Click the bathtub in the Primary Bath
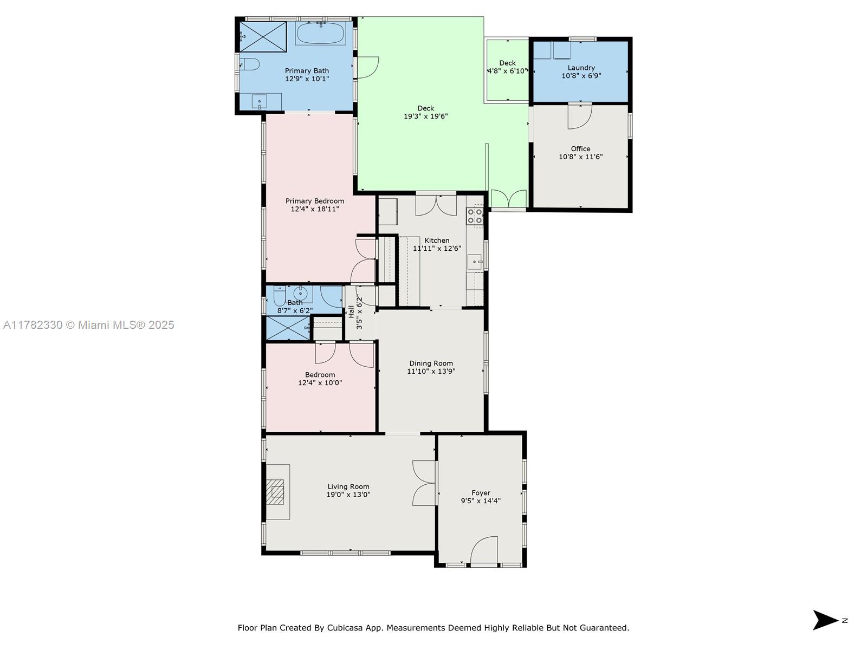321,34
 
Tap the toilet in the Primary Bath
249,64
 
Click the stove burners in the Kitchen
475,216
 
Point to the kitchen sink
474,262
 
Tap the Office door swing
580,116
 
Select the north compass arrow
825,620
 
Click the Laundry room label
581,68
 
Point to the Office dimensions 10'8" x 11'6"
581,157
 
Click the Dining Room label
431,363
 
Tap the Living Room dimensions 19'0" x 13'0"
348,495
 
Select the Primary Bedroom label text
315,201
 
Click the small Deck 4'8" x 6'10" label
508,67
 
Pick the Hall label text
351,312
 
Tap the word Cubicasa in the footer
345,628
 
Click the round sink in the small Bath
301,293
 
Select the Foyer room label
481,493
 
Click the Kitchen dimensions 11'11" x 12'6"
437,248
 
